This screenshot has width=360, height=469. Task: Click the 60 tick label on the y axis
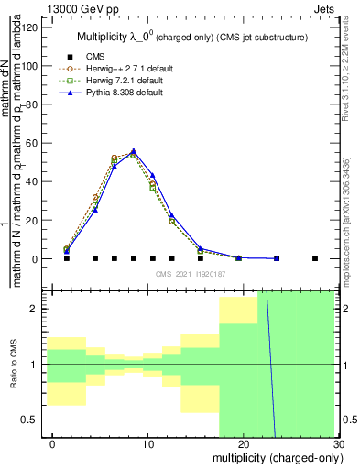pyautogui.click(x=32, y=143)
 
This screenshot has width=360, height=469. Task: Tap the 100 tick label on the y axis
pyautogui.click(x=29, y=65)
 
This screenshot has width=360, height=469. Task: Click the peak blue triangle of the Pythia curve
pyautogui.click(x=134, y=151)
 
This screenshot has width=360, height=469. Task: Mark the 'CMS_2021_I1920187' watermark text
pyautogui.click(x=190, y=274)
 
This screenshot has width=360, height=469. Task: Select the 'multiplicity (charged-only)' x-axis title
pyautogui.click(x=272, y=457)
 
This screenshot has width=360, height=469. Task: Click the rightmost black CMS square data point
pyautogui.click(x=315, y=258)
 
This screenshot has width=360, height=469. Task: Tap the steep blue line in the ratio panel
pyautogui.click(x=271, y=366)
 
